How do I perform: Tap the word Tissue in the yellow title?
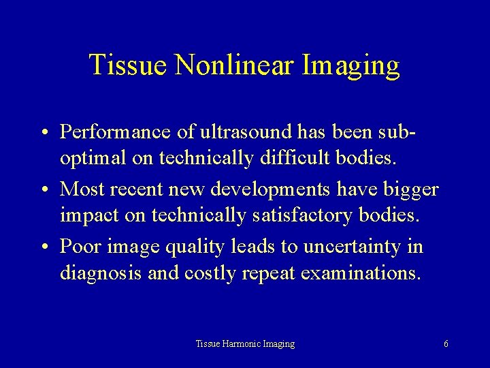pos(123,66)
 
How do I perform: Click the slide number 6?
pos(445,344)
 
